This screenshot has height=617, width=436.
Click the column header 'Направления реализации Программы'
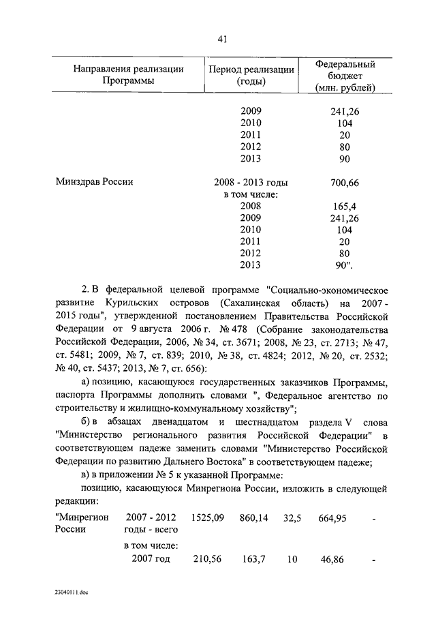coord(128,75)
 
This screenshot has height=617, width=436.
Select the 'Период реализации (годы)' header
coord(251,75)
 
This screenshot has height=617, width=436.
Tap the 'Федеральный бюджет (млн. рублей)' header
coord(345,75)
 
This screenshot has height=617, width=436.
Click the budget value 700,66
coord(345,182)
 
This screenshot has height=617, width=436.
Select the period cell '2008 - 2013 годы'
coord(251,182)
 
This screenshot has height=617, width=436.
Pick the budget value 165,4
coord(345,205)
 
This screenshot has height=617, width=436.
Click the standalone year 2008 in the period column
coord(251,205)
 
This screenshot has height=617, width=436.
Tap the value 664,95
coord(332,518)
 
